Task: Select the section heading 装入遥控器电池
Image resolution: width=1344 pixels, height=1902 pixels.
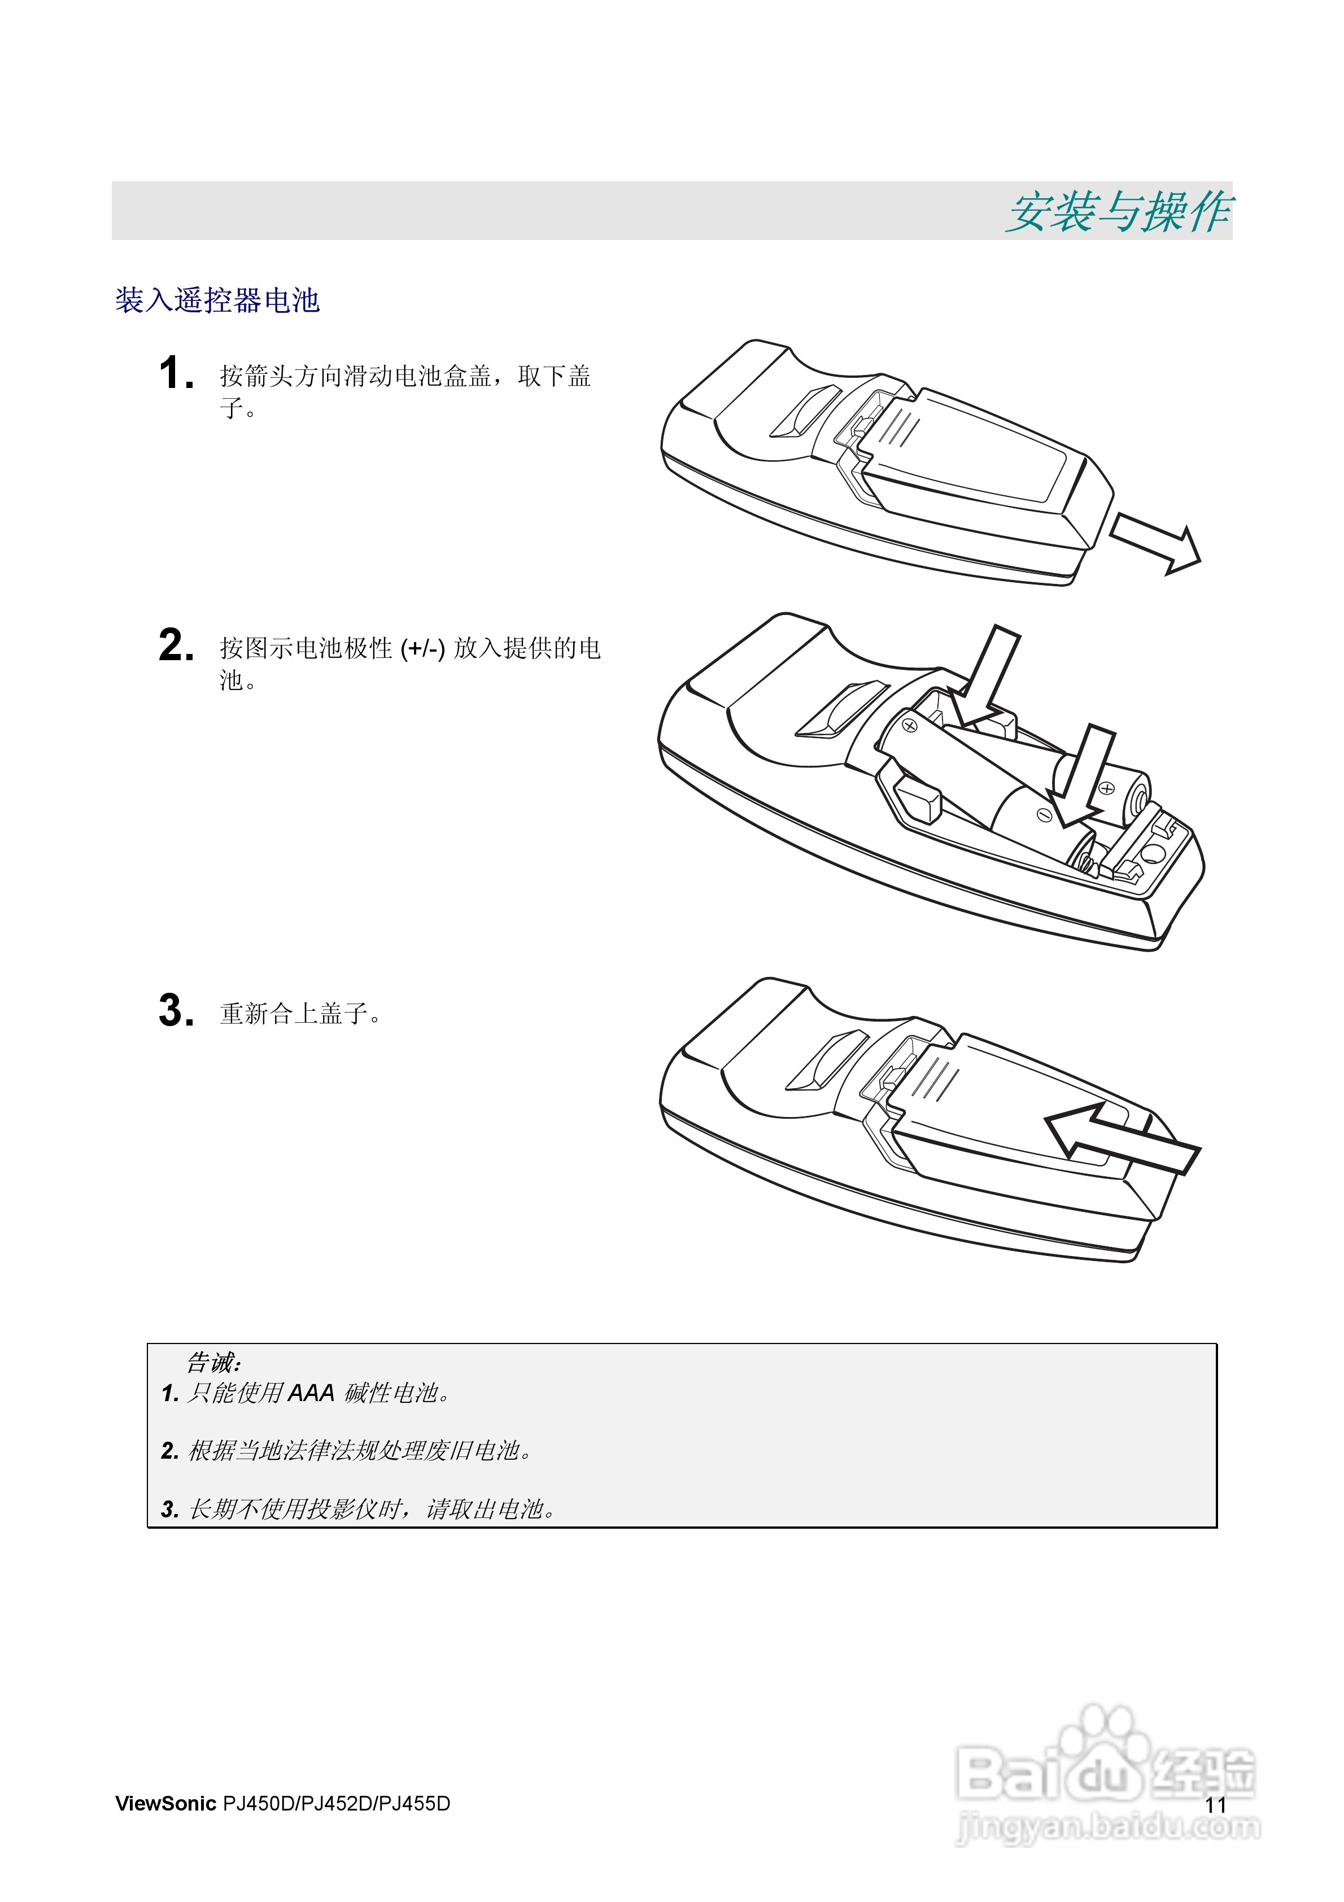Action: click(x=217, y=300)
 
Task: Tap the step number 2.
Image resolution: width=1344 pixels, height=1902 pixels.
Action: click(x=176, y=645)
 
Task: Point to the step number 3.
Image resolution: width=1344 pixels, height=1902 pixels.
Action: click(x=176, y=1011)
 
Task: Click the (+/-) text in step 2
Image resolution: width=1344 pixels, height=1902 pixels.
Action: click(x=422, y=649)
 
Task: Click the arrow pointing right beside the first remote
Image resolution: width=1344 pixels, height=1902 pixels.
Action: click(x=1157, y=543)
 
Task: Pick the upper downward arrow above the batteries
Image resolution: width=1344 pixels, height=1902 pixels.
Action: click(x=986, y=675)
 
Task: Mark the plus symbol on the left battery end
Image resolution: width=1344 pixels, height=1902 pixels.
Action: click(x=910, y=726)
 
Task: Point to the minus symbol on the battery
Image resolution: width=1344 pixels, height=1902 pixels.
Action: click(x=1045, y=815)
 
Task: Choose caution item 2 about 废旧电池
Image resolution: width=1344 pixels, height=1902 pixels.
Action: click(x=348, y=1451)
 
